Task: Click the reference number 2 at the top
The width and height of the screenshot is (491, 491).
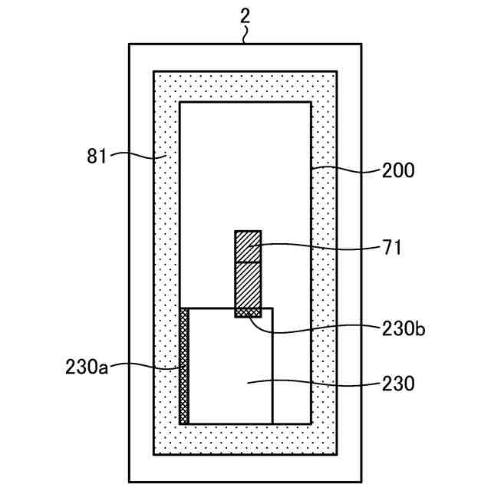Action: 245,15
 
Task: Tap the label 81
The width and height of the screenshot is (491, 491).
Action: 96,157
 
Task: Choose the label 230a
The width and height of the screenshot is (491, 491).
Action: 87,367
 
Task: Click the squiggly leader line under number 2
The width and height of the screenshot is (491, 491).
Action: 245,35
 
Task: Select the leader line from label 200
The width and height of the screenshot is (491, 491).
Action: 345,169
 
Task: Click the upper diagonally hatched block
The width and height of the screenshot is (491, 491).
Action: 248,245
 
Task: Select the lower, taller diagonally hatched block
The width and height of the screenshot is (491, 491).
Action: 248,285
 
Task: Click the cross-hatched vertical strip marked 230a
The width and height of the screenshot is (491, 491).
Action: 184,365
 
